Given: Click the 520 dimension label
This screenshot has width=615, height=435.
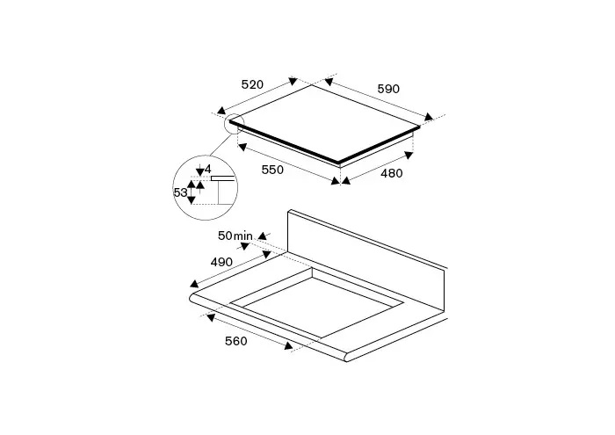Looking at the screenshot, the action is click(x=252, y=84).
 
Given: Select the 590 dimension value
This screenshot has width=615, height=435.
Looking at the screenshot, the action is click(x=388, y=89).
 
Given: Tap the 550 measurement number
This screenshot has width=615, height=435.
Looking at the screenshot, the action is click(x=272, y=170).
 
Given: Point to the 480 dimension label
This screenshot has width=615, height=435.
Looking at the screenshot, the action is click(x=392, y=173).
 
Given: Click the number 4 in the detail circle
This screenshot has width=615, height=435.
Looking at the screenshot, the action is click(x=208, y=169).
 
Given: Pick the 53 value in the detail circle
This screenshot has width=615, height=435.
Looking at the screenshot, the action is click(x=180, y=192).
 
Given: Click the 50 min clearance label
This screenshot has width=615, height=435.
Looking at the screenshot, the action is click(x=235, y=236).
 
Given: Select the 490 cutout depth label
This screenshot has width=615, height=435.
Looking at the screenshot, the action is click(x=221, y=262).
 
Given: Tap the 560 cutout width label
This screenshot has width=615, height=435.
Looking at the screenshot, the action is click(x=236, y=341).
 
